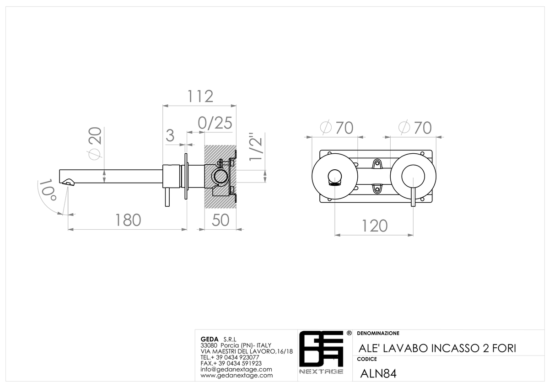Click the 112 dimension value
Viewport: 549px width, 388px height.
tap(200, 97)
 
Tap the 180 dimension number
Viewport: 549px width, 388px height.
tap(128, 220)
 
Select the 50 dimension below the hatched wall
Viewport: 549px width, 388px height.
tap(221, 220)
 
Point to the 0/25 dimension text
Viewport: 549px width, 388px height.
tap(215, 123)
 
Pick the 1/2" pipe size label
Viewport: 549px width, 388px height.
tap(255, 147)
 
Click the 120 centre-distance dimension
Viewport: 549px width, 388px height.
tap(375, 226)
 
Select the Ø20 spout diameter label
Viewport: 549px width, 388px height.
tap(95, 144)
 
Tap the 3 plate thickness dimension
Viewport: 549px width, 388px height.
tap(170, 135)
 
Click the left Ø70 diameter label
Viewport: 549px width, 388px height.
tap(337, 128)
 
